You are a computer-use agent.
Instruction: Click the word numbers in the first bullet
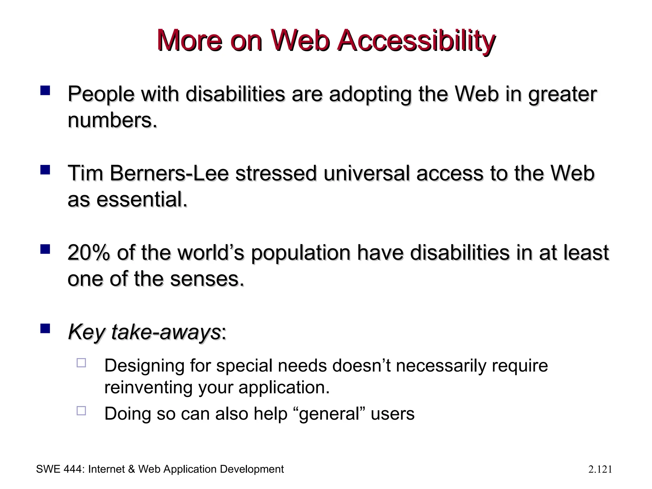click(x=112, y=121)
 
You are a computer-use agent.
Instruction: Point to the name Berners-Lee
click(x=169, y=174)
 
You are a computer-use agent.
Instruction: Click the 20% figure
click(x=89, y=253)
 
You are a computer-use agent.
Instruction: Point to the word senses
click(x=207, y=279)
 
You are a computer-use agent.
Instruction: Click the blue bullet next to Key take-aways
click(x=45, y=328)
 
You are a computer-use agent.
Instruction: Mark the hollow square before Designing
click(x=81, y=363)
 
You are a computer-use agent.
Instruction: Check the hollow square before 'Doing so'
click(x=81, y=411)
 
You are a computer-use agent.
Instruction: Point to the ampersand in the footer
click(x=131, y=469)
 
